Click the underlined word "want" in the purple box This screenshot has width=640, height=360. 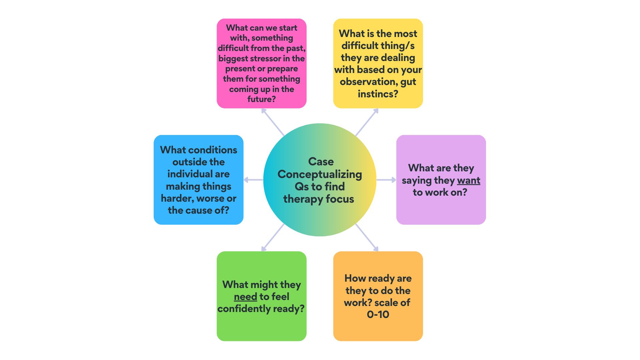tap(468, 180)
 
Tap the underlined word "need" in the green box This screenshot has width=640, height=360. tap(245, 296)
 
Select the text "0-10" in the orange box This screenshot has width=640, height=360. tap(378, 314)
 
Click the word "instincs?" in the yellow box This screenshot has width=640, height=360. tap(378, 94)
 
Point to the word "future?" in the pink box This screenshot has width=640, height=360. tap(262, 99)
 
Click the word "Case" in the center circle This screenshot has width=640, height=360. tap(321, 162)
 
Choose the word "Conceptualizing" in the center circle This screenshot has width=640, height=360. tap(320, 174)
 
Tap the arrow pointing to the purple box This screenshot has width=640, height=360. tap(386, 180)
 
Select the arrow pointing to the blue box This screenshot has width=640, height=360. tap(253, 180)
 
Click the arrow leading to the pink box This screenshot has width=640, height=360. tap(272, 122)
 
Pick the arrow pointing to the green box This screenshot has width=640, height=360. tap(272, 238)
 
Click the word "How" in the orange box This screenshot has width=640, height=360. tap(355, 278)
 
